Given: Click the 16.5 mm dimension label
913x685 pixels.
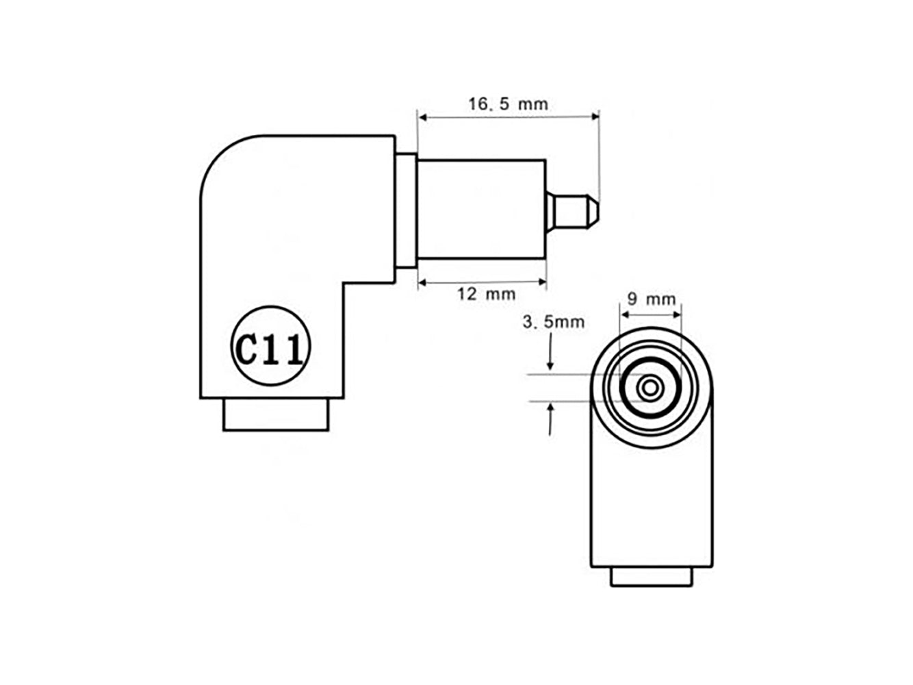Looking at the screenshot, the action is click(508, 104).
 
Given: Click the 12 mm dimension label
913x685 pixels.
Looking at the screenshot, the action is click(486, 295).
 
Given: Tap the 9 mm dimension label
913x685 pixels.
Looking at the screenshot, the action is click(652, 299).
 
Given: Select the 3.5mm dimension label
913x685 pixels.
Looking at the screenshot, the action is click(553, 322).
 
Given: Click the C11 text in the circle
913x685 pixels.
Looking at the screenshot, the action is click(270, 349).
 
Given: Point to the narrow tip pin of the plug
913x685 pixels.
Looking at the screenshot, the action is click(573, 212).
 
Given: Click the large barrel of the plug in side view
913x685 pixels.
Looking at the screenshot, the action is click(482, 210).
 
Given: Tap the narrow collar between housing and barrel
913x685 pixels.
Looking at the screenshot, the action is click(406, 210).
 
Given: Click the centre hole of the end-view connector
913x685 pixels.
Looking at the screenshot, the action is click(650, 388).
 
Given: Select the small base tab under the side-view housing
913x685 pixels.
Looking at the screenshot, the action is click(277, 414).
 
